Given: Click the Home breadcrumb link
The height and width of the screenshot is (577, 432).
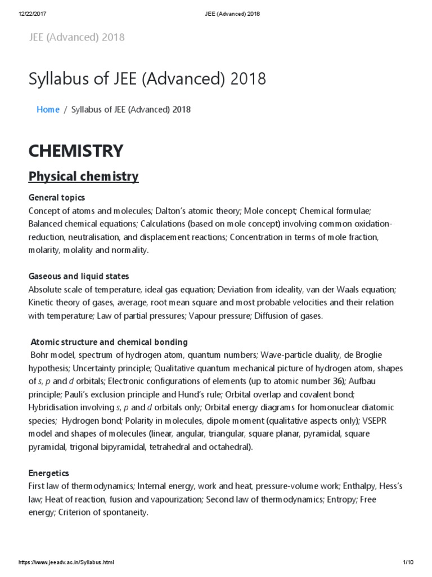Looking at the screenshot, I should (48, 109).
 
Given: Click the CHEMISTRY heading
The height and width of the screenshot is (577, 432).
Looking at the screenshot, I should (76, 150).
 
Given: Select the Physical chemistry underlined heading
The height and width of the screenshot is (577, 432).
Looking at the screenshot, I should (83, 176).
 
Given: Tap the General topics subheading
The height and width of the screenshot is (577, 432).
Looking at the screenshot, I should (57, 198).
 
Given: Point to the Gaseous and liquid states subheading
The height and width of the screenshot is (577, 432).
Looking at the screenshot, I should (79, 276).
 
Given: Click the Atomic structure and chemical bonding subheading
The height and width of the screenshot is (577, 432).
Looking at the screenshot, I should (109, 342).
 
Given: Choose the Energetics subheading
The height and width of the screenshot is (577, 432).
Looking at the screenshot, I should (48, 473).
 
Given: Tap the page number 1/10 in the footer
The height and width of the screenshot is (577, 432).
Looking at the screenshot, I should (408, 562).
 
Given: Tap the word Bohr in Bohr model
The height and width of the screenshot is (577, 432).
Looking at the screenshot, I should (41, 355).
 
